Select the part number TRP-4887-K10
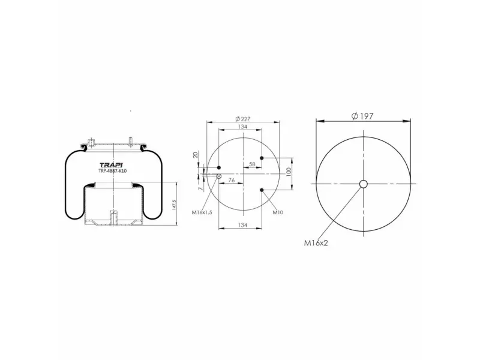112,171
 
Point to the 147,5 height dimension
174,205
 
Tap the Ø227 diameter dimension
243,118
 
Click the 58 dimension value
252,164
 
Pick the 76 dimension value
232,181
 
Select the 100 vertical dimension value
288,172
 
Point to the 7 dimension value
201,188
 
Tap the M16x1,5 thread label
202,212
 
